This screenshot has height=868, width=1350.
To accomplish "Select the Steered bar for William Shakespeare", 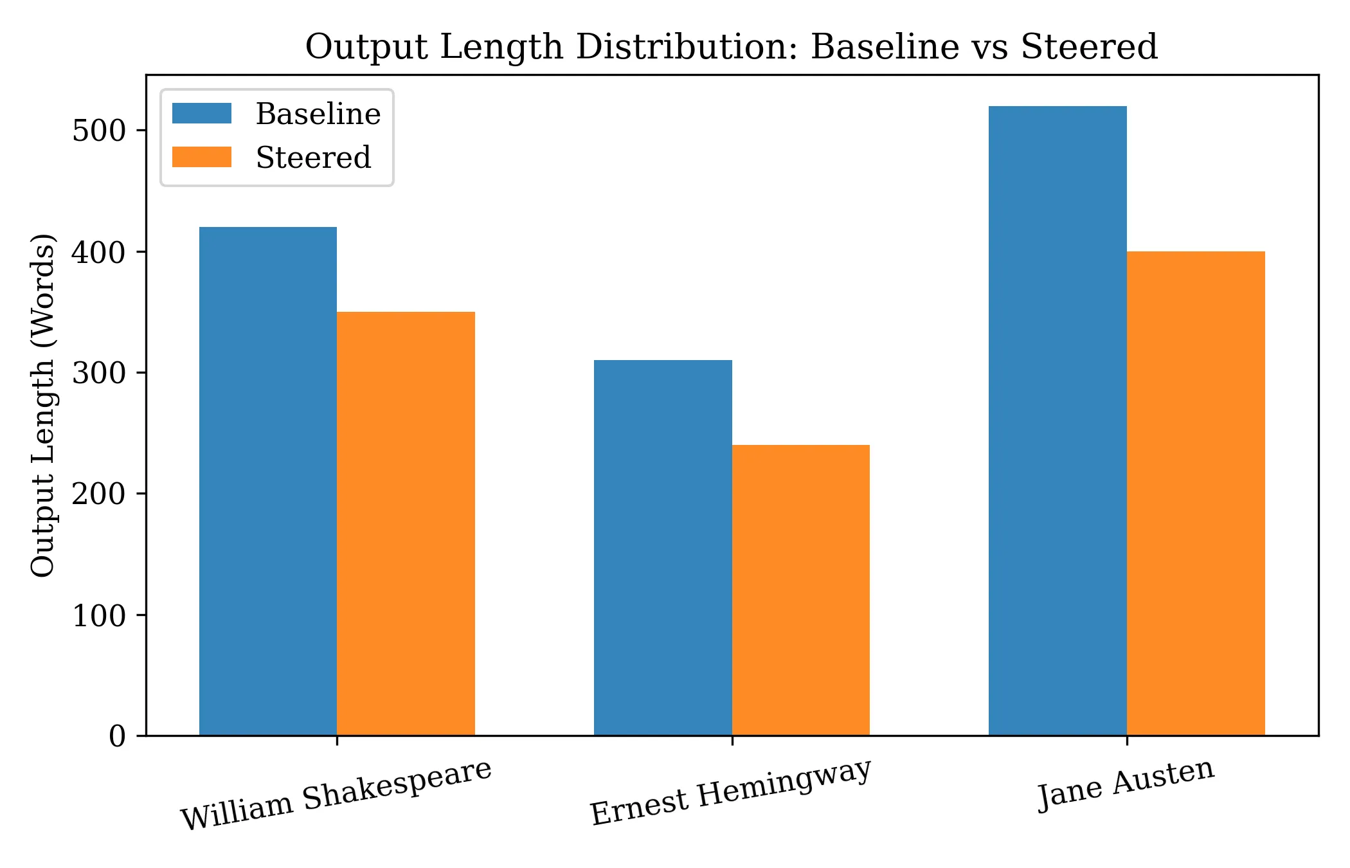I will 406,523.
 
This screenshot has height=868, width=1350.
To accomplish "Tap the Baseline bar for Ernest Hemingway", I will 663,547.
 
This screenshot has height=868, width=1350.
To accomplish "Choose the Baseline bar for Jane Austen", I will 1057,420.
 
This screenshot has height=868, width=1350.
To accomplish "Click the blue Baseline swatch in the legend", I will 202,114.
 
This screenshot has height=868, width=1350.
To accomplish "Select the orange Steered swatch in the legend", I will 202,158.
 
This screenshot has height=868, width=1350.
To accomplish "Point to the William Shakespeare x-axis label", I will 336,795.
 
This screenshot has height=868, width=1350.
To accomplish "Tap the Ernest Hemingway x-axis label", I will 731,791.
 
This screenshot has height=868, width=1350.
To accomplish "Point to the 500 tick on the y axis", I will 99,131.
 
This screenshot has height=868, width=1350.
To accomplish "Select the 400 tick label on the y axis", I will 99,252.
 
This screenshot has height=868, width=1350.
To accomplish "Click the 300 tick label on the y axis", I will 99,373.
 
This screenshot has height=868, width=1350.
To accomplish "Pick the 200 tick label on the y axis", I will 99,494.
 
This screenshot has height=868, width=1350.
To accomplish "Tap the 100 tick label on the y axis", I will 99,615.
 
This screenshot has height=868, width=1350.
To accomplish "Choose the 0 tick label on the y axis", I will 117,736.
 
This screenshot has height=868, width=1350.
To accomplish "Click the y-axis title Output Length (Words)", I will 44,405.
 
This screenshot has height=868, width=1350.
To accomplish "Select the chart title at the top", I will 732,47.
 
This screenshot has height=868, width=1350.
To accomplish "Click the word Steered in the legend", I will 313,158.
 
